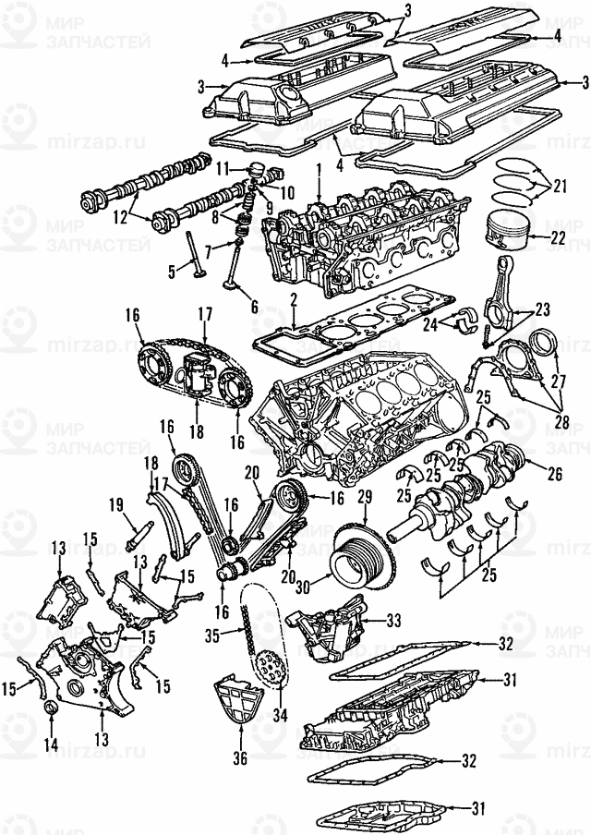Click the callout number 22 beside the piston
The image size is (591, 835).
(558, 237)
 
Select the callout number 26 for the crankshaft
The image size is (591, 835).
(555, 478)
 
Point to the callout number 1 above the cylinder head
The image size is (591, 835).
(319, 170)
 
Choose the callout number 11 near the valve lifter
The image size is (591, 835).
(223, 169)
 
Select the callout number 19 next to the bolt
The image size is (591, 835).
(116, 504)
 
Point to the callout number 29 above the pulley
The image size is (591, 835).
(365, 498)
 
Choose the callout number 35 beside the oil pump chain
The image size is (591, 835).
(211, 636)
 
